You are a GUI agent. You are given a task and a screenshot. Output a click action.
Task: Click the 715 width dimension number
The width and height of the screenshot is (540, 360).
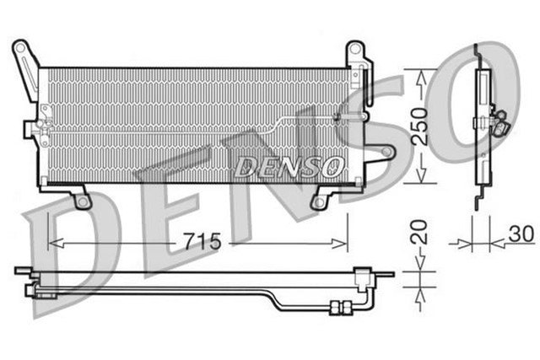click(x=202, y=242)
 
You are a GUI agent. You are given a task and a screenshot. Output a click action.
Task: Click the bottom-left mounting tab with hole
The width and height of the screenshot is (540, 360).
click(x=82, y=201)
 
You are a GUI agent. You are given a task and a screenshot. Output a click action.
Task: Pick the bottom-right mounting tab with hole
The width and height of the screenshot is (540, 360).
click(x=319, y=201)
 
